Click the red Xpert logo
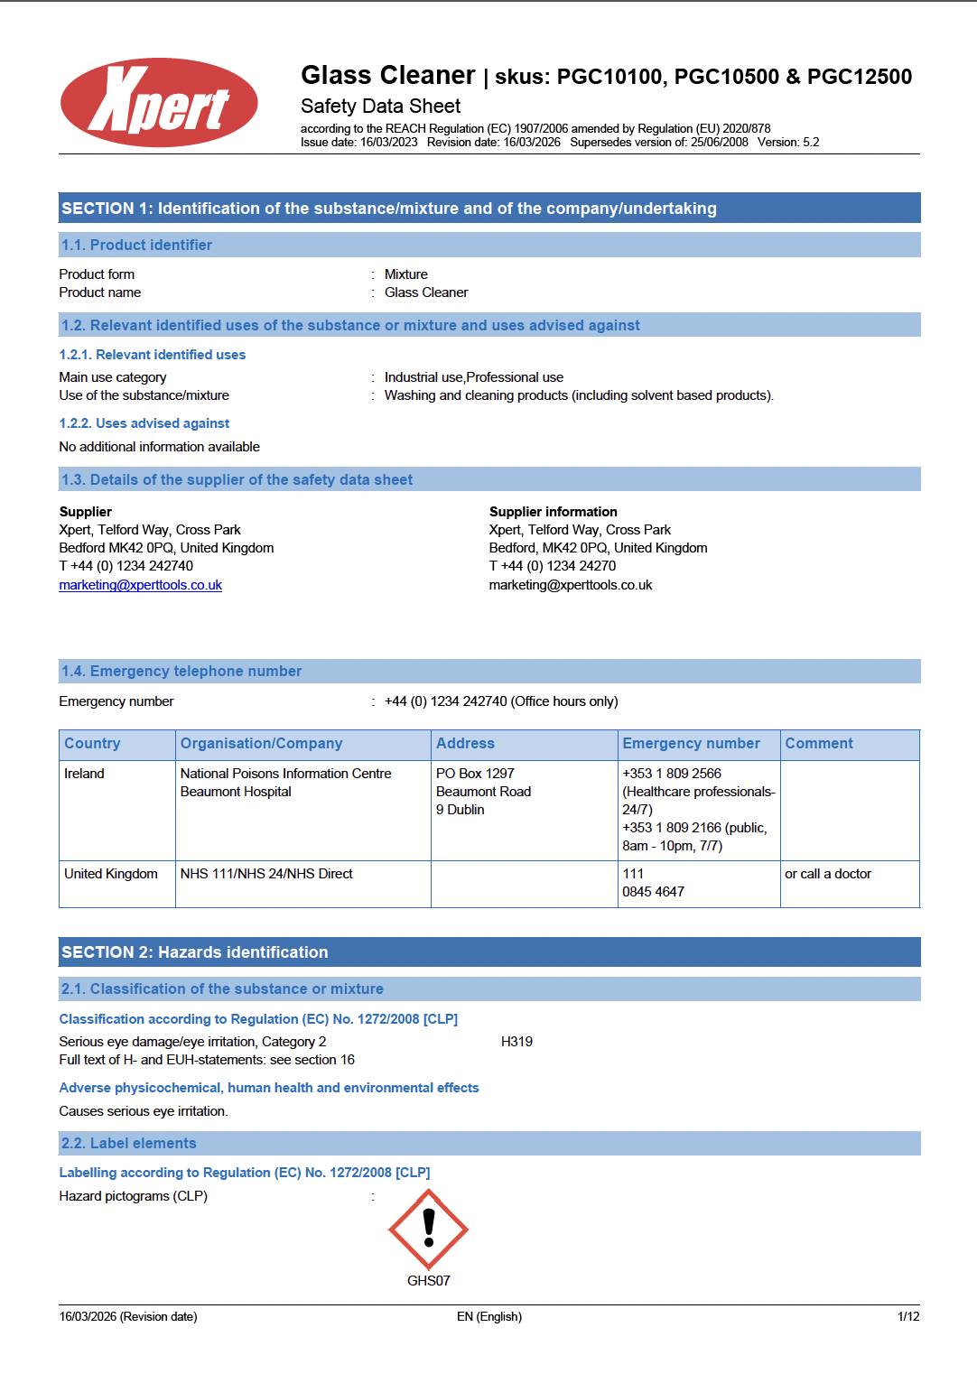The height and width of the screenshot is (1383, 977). point(159,103)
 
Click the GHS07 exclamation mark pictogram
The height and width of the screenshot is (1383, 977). point(428,1229)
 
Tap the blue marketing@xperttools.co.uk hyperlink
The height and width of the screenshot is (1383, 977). point(140,585)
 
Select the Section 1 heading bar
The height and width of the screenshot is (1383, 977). point(488,209)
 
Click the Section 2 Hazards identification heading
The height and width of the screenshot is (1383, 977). point(194,952)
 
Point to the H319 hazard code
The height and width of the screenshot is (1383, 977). point(516,1042)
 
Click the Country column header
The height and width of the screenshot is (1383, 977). point(92,744)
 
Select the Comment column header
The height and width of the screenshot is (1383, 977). point(818,744)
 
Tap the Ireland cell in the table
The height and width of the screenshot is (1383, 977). point(84,774)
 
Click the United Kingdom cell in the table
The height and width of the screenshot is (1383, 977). point(111,874)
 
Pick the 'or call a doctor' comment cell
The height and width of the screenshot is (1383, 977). point(827,874)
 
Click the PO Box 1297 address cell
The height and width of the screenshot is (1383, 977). point(475,774)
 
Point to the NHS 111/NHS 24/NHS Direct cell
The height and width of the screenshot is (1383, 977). point(266,874)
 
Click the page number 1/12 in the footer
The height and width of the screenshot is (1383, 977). point(908,1316)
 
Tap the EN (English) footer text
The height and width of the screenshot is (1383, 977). point(488,1316)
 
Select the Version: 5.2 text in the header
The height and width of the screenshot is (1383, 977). point(788,142)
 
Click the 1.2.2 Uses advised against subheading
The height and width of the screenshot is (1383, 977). point(144,423)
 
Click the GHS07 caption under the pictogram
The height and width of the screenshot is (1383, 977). point(428,1281)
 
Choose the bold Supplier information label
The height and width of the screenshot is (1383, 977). point(553,512)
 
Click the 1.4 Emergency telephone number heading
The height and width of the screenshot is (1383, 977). point(181,672)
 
